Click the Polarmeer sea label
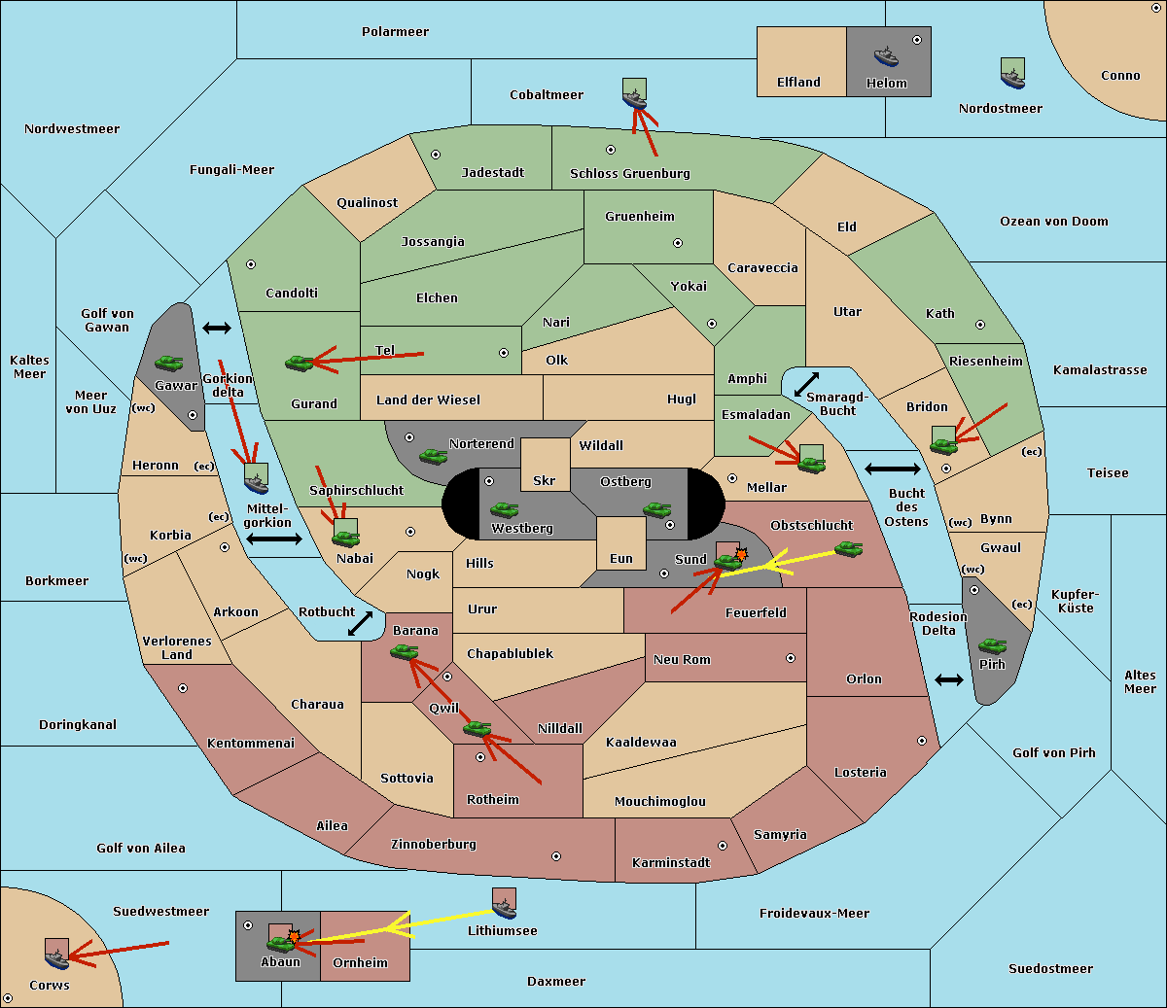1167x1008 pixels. pos(395,32)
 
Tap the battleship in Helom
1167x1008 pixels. pos(886,55)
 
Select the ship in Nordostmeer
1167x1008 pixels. pos(1012,73)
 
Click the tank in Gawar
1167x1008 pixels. pos(169,363)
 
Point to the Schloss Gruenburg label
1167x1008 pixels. pos(629,174)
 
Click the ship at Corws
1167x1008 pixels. pos(56,954)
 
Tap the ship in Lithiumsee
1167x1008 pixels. pos(504,905)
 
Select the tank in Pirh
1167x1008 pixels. pos(992,645)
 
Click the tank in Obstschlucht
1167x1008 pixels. pos(848,548)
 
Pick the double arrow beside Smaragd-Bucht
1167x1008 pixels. pos(807,384)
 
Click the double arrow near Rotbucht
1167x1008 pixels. pos(361,623)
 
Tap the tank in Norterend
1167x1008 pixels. pos(433,455)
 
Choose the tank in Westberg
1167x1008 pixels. pos(504,509)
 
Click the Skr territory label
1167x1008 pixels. pos(545,480)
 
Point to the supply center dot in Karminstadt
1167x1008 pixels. pos(723,846)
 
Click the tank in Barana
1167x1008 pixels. pos(404,652)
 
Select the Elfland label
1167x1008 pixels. pos(798,83)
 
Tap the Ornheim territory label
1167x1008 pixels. pos(360,963)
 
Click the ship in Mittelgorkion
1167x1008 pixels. pos(256,478)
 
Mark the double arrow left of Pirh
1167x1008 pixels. pos(949,679)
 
